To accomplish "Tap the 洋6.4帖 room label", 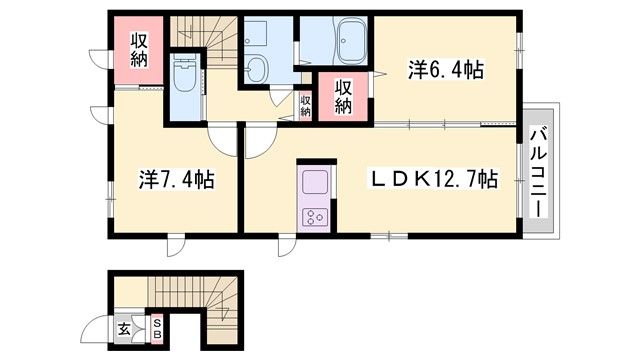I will click(x=445, y=70).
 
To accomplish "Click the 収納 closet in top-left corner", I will click(x=139, y=51).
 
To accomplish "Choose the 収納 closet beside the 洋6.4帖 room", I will click(x=343, y=96).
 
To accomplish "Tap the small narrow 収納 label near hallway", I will click(x=305, y=103).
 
